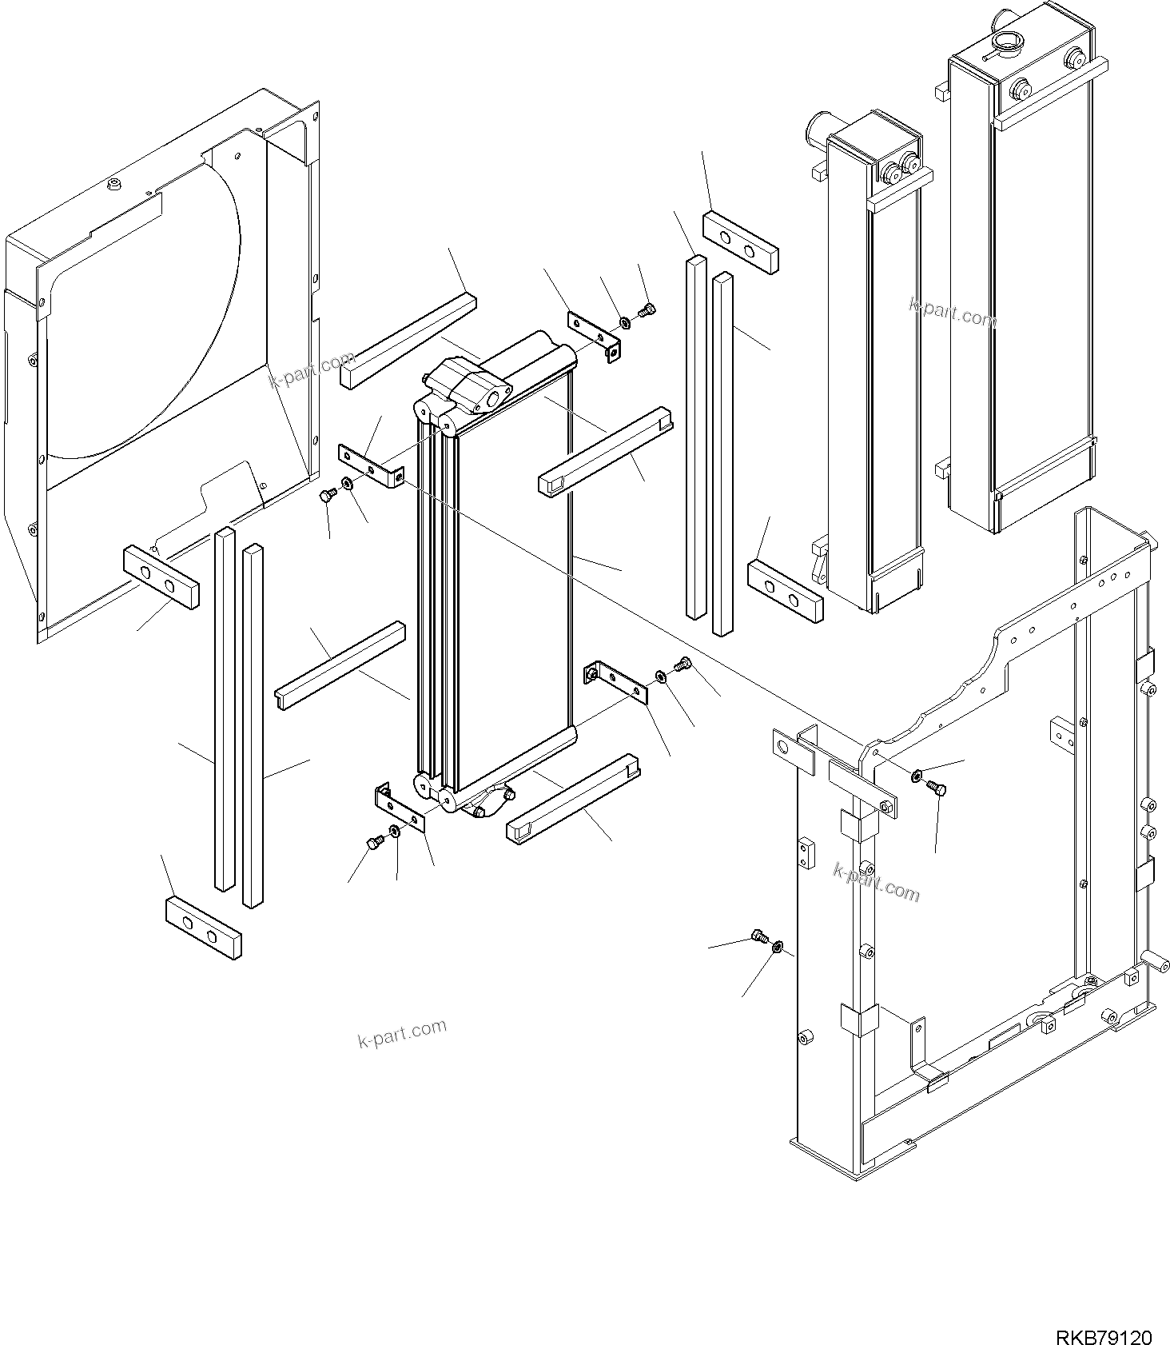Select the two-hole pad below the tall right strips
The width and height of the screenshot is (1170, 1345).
[x=784, y=591]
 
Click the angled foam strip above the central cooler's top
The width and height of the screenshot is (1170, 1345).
[x=408, y=341]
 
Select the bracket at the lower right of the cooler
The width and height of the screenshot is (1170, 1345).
[x=616, y=680]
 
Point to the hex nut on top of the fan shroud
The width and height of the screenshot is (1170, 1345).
[x=113, y=186]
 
